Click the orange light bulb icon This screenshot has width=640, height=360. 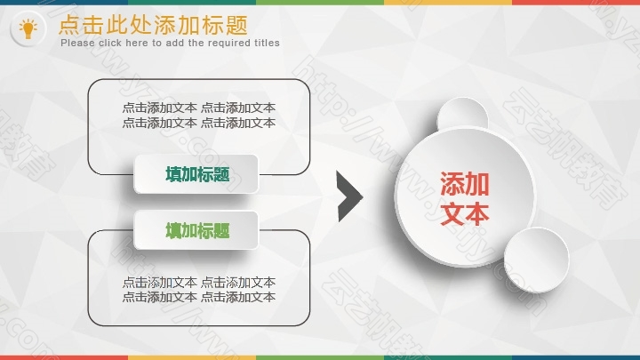[x=28, y=28]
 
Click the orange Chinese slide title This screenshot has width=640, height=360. [x=154, y=25]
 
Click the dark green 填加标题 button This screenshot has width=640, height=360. [x=196, y=174]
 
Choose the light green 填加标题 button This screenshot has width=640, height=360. [x=196, y=230]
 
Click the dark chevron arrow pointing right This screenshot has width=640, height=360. [x=349, y=196]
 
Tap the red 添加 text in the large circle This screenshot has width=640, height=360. [x=465, y=184]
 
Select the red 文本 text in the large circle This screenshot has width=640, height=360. [x=465, y=213]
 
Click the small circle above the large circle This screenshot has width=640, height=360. [x=462, y=115]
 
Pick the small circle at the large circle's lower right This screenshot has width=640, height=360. [x=536, y=260]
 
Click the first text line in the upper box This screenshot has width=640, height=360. [x=199, y=108]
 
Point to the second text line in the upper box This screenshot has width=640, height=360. [x=199, y=123]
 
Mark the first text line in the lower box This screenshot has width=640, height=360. [x=199, y=282]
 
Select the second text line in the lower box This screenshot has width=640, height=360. [x=199, y=297]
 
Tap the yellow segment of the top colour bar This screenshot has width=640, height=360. [x=448, y=3]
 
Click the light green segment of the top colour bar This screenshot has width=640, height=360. [x=320, y=3]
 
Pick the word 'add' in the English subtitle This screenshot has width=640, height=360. [x=175, y=43]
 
